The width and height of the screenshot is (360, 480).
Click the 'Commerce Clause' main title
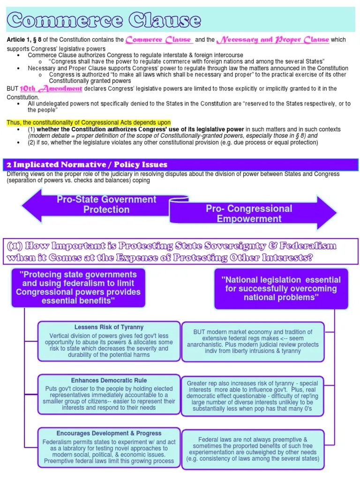[x=104, y=20]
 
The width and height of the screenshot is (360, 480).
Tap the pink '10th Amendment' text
[x=52, y=89]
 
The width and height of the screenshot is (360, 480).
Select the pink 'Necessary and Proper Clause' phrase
[x=268, y=39]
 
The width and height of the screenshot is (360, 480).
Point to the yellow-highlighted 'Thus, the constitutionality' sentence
[x=89, y=123]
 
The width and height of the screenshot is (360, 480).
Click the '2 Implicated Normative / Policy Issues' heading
[x=87, y=165]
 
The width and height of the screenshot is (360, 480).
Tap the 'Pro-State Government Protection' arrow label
[x=106, y=204]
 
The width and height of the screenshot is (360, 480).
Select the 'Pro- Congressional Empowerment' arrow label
[x=249, y=214]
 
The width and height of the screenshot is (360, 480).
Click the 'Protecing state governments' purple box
[x=78, y=287]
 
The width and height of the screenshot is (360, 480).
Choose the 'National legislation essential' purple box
[x=281, y=288]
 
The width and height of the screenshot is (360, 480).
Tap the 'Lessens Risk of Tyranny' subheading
[x=109, y=327]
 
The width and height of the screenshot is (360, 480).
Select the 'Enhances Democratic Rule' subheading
[x=109, y=380]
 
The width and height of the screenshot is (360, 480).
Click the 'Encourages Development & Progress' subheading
[x=109, y=433]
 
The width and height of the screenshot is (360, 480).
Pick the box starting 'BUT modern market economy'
[x=253, y=341]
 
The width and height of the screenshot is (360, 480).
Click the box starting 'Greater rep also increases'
[x=253, y=395]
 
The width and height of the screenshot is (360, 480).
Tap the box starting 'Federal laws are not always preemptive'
[x=253, y=449]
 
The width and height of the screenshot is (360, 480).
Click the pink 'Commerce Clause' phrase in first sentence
[x=159, y=39]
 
